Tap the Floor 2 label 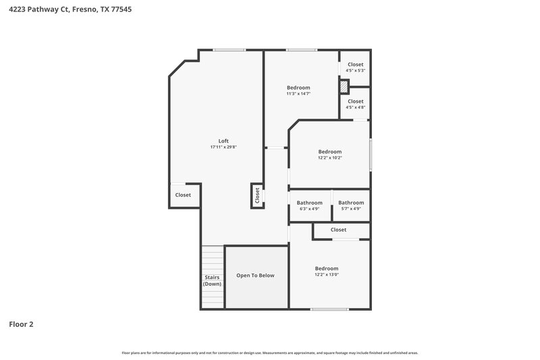coord(21,324)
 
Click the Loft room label coord(223,141)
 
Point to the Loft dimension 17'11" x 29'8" coord(223,147)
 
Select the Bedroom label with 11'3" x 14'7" coord(298,88)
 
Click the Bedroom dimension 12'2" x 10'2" coord(330,158)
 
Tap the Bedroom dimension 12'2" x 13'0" coord(326,275)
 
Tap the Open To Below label coord(255,276)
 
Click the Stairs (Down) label coord(212,281)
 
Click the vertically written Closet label coord(257,195)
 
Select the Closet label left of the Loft coord(183,195)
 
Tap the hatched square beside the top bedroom coord(344,86)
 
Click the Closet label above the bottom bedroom coord(338,230)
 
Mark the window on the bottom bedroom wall coord(329,309)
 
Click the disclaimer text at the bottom coord(270,353)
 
